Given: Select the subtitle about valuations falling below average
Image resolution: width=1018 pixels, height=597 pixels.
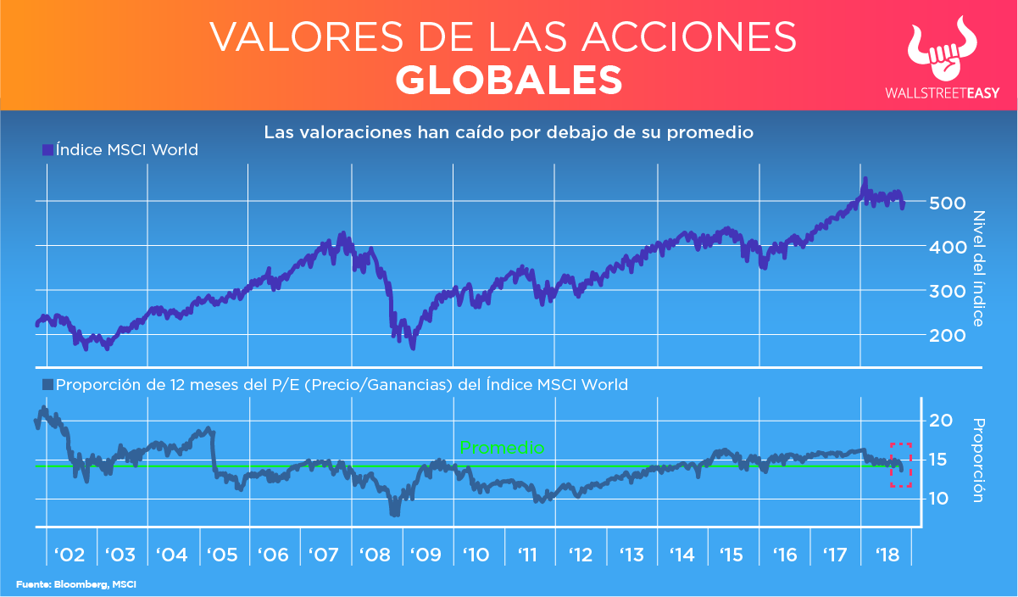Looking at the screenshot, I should pos(509,132).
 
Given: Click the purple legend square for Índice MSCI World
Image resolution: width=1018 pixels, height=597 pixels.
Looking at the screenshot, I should pos(47,150).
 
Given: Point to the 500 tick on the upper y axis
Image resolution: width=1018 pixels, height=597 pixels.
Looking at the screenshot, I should pos(946,203).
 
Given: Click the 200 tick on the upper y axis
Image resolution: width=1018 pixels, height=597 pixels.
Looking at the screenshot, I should pos(946,335).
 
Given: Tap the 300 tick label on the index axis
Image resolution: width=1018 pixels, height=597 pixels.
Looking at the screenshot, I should pos(946,291).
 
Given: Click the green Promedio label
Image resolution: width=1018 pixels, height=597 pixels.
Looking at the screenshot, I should pos(501,448).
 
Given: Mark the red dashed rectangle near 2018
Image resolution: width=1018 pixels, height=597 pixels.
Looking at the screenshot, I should pos(900,465).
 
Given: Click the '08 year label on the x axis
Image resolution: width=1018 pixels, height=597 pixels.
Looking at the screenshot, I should pos(374,555).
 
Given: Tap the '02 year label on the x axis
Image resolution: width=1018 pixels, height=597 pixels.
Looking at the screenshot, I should pos(68,555).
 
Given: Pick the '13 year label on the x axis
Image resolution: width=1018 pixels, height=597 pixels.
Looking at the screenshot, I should pos(631,555).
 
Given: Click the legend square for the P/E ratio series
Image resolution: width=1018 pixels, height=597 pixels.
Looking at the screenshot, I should pos(47,385).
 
